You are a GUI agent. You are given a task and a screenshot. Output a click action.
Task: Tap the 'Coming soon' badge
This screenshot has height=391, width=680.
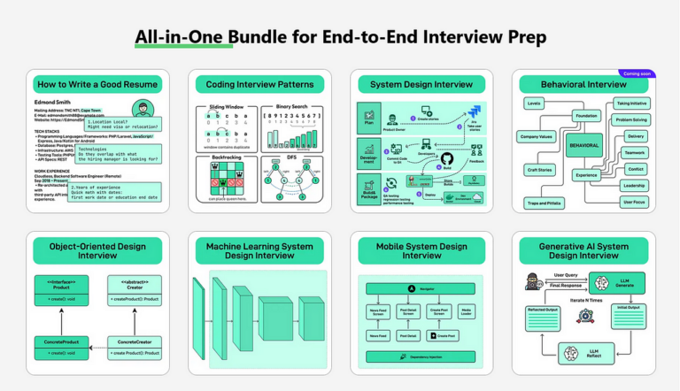tap(637, 73)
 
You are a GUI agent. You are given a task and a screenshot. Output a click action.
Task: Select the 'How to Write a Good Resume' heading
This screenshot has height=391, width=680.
tap(97, 85)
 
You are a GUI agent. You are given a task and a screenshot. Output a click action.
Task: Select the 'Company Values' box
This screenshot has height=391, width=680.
tap(537, 138)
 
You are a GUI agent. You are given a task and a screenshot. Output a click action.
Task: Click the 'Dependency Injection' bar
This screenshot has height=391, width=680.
tap(422, 358)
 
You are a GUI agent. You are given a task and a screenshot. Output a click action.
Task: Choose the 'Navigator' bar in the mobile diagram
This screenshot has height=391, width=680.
tap(422, 288)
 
